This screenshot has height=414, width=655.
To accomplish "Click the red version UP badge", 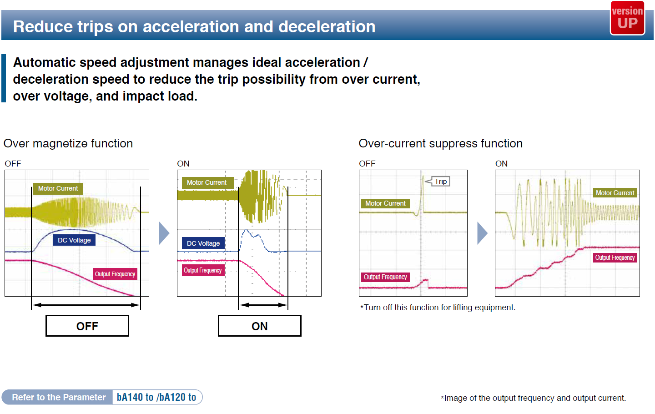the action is pos(627,18).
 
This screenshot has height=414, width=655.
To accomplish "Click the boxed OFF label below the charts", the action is pos(87,326).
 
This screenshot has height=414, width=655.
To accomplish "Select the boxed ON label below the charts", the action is pos(259,326).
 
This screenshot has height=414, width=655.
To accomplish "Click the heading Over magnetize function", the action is pos(68,144).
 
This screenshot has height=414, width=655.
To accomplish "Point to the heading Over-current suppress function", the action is pos(440,144).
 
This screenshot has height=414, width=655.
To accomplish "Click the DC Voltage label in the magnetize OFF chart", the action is pos(74,240).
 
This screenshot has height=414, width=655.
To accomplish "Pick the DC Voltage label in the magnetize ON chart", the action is pos(203,243).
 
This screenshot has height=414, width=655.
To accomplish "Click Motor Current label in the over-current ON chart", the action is pos(615,193).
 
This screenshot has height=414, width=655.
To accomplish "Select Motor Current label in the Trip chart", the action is pos(385,203).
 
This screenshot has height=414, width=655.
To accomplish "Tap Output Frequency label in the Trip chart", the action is pos(385,277).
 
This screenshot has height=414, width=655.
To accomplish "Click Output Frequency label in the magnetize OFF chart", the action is pos(115,274).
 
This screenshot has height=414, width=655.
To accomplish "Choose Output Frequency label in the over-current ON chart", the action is pos(615,257).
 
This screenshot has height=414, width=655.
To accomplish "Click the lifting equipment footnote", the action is pos(438,308).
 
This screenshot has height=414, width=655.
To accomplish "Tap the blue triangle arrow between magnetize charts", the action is pos(164,233).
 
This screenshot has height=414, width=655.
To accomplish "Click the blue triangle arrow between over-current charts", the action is pos(482,233).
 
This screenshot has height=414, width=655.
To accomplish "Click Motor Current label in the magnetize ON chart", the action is pos(207,182).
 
